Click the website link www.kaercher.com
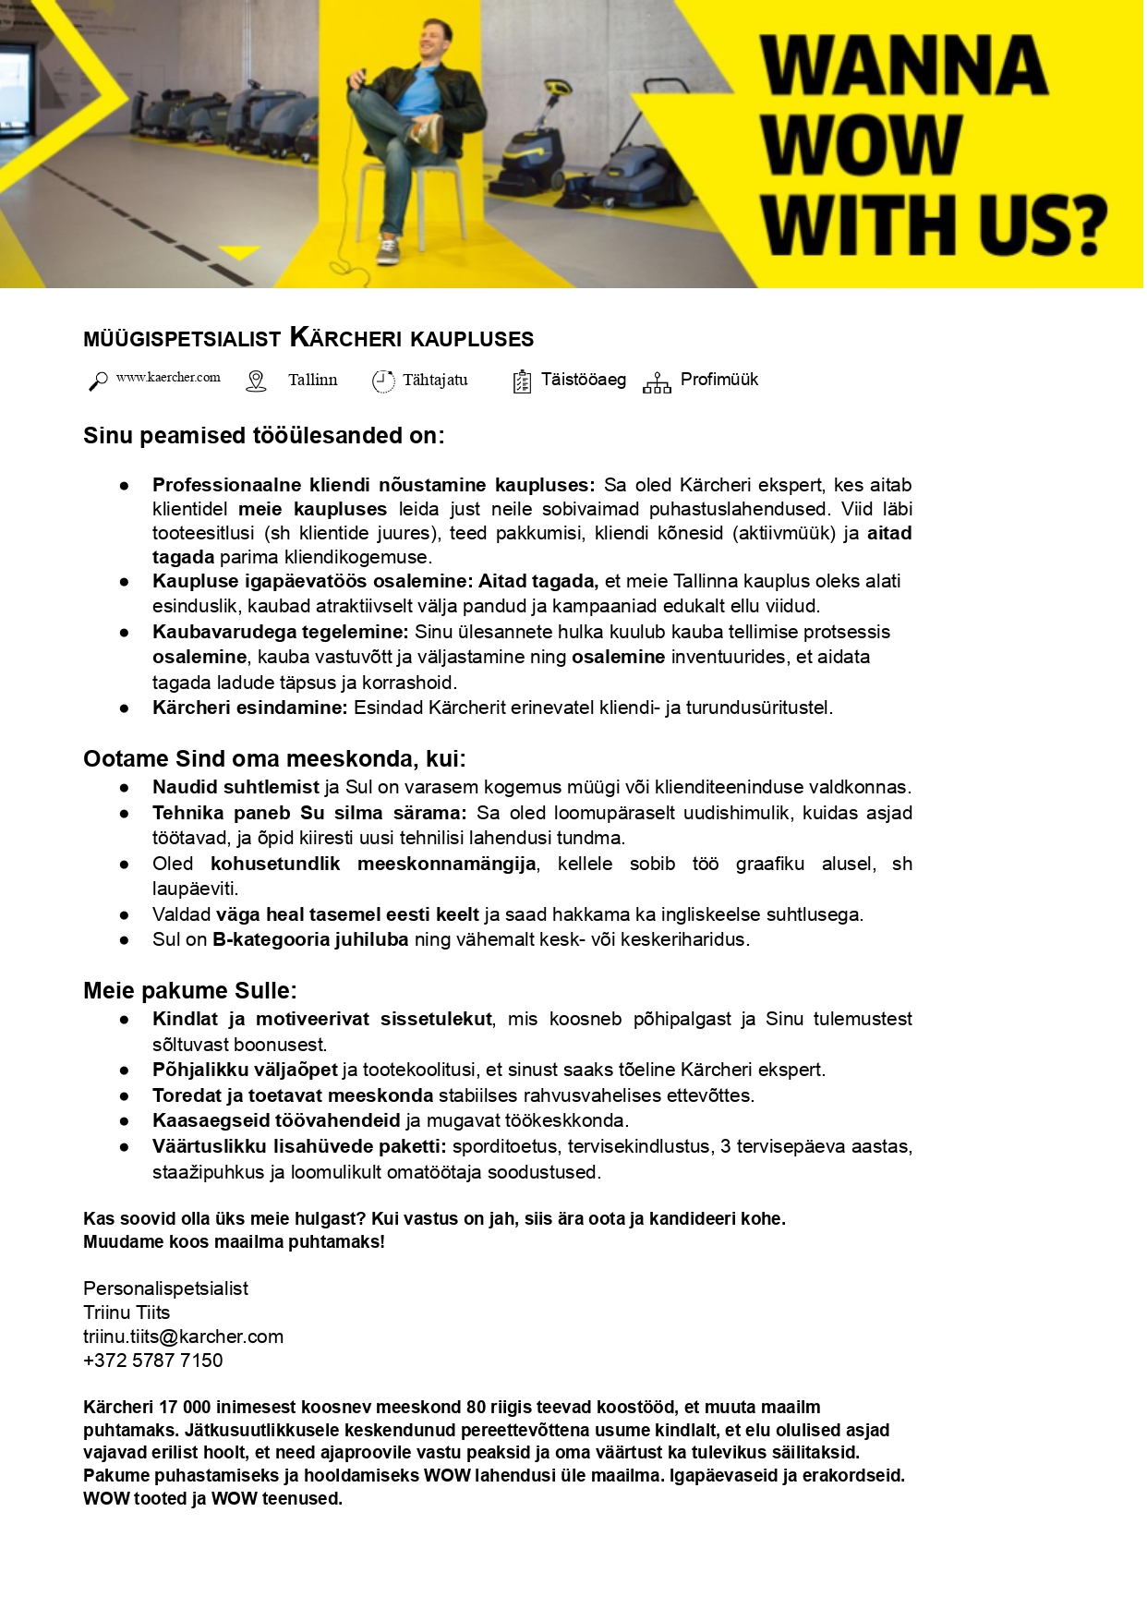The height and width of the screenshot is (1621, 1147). tap(168, 378)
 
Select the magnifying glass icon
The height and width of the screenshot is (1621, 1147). tap(97, 381)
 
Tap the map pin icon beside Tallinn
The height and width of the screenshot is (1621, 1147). tap(256, 381)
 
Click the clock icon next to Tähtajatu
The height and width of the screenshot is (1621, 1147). tap(382, 381)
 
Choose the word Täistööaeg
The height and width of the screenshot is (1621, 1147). tap(583, 380)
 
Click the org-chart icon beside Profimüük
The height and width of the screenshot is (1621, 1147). tap(657, 382)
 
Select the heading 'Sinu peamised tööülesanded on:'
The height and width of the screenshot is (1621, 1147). tap(263, 435)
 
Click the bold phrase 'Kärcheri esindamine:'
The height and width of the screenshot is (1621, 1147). tap(249, 708)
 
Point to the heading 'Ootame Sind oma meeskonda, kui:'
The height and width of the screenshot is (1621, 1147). tap(274, 758)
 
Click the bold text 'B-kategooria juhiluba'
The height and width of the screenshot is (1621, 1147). tap(310, 939)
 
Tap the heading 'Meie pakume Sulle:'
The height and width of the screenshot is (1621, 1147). tap(189, 990)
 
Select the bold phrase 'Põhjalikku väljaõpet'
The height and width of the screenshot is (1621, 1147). tap(245, 1070)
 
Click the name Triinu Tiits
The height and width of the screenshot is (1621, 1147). tap(127, 1313)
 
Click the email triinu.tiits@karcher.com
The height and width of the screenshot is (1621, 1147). tap(183, 1337)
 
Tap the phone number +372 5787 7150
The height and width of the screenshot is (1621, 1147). tap(152, 1361)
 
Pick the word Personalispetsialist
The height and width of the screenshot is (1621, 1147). tap(165, 1288)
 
